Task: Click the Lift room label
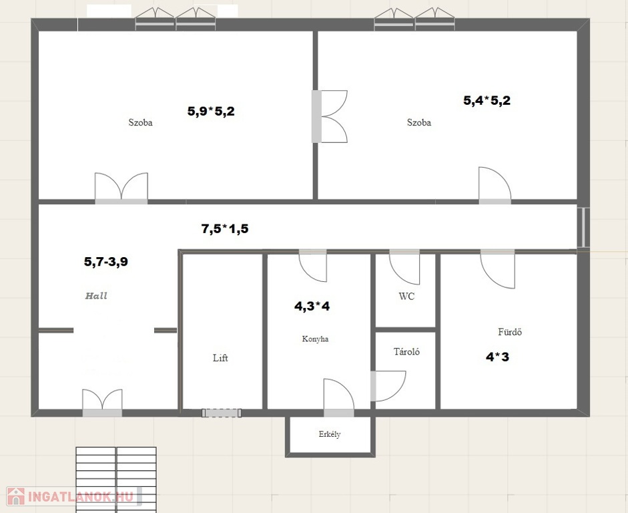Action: pos(220,357)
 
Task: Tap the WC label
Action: pos(406,296)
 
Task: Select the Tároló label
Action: pos(406,351)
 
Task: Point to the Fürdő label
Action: pos(510,331)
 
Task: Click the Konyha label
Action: pos(315,339)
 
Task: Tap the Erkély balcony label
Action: pos(330,434)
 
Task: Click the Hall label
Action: pos(96,296)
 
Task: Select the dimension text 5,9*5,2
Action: pos(211,111)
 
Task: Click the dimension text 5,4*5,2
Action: pos(487,100)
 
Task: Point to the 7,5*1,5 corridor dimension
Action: pos(225,228)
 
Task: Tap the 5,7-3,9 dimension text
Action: pos(106,261)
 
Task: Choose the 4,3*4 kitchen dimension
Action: pos(312,306)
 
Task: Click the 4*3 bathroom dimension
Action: pos(497,356)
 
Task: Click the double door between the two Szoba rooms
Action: pos(329,116)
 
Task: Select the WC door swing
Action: pos(404,267)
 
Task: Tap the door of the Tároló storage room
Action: pos(388,386)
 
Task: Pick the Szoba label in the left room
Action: pos(140,122)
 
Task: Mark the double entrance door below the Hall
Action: pos(102,403)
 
